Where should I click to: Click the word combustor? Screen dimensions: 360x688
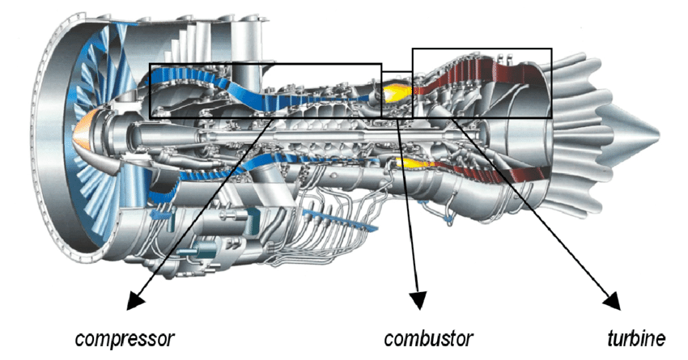428,336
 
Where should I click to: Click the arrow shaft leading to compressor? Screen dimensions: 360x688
202,210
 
